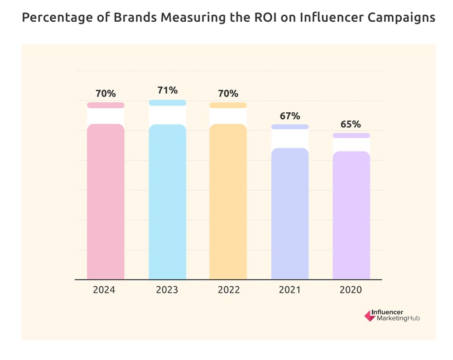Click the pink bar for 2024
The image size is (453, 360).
tap(106, 202)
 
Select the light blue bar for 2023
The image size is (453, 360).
tap(167, 202)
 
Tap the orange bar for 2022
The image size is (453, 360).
tap(228, 202)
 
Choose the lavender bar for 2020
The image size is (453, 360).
tap(352, 215)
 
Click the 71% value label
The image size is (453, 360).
tap(167, 91)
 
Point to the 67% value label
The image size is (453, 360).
tap(290, 115)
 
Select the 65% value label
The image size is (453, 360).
tap(352, 124)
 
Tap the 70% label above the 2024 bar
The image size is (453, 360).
tap(106, 94)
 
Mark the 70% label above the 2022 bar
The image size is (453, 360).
tap(228, 94)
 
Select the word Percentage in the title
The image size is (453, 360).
tap(50, 18)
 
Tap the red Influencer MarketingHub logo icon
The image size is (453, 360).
tap(370, 316)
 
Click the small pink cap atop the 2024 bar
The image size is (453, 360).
tap(106, 106)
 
